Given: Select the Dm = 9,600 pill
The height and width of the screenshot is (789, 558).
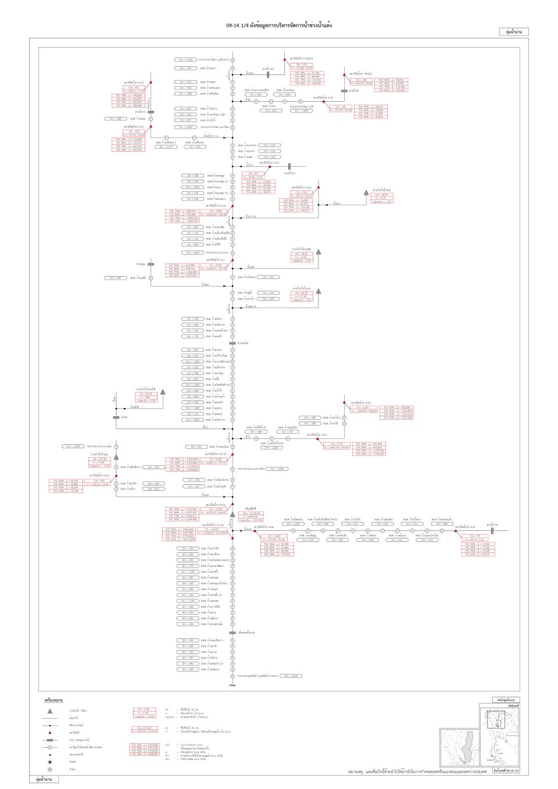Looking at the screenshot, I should point(191,253).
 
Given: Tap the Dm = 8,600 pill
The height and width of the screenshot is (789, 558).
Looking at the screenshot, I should point(291,676).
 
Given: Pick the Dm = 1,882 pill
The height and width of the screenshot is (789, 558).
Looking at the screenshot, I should point(185,94).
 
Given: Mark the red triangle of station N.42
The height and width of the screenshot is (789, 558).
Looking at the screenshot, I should point(344,402).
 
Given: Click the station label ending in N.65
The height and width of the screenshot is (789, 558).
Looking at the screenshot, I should point(134,83).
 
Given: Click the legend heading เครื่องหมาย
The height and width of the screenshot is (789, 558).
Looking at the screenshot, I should point(53,701).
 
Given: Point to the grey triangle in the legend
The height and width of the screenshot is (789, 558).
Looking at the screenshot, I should point(50,711).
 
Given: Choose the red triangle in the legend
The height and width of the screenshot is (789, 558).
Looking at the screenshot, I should point(50,733).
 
